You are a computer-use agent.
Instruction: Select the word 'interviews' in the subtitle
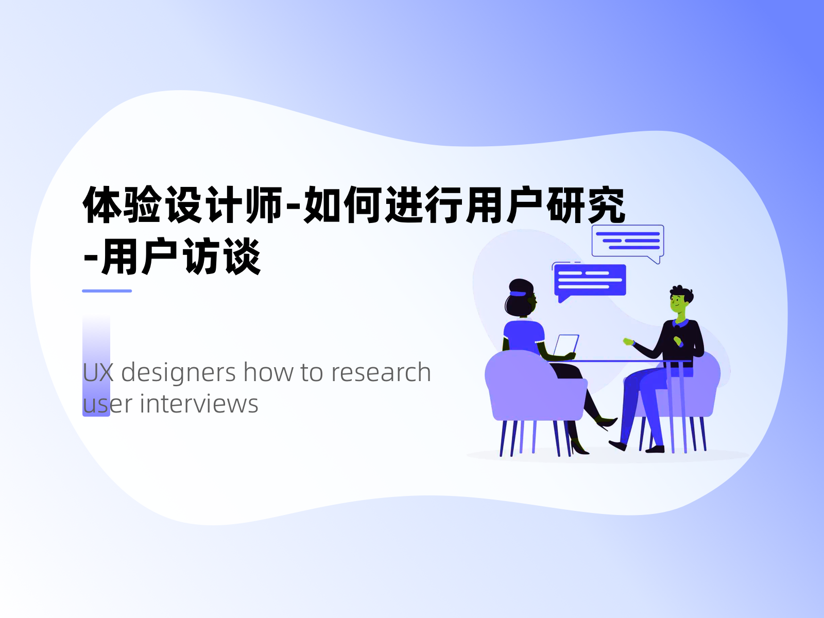click(x=199, y=404)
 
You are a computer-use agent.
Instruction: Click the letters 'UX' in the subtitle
click(x=98, y=373)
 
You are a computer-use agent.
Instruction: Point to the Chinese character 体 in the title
click(x=102, y=205)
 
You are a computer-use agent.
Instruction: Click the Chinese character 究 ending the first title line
click(x=606, y=205)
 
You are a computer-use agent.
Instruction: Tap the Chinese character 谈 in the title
click(x=243, y=256)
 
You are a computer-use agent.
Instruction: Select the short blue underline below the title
click(x=107, y=291)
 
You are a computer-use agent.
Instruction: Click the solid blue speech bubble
click(x=590, y=280)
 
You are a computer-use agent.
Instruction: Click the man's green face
click(x=679, y=303)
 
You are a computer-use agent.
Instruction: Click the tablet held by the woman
click(x=566, y=345)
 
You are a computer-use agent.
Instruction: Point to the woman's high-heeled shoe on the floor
click(x=579, y=448)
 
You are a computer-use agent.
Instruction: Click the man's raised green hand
click(x=628, y=341)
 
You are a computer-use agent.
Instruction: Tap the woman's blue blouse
click(x=523, y=335)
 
